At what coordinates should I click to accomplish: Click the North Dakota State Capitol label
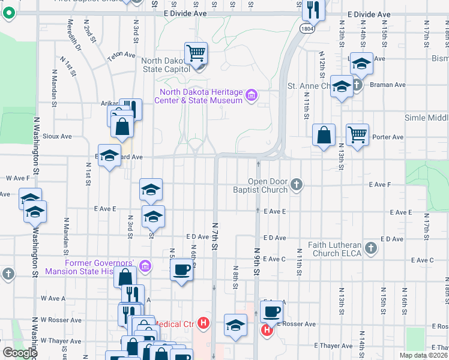coord(165,65)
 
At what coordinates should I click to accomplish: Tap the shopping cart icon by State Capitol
coord(196,54)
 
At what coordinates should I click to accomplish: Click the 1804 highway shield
coord(307,28)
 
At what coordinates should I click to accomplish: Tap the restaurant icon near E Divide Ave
coord(313,10)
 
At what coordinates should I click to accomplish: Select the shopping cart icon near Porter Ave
coord(358,134)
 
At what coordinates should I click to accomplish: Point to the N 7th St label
coord(214,235)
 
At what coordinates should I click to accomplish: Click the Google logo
coord(20,353)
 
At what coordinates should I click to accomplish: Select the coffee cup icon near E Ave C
coord(181,270)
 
